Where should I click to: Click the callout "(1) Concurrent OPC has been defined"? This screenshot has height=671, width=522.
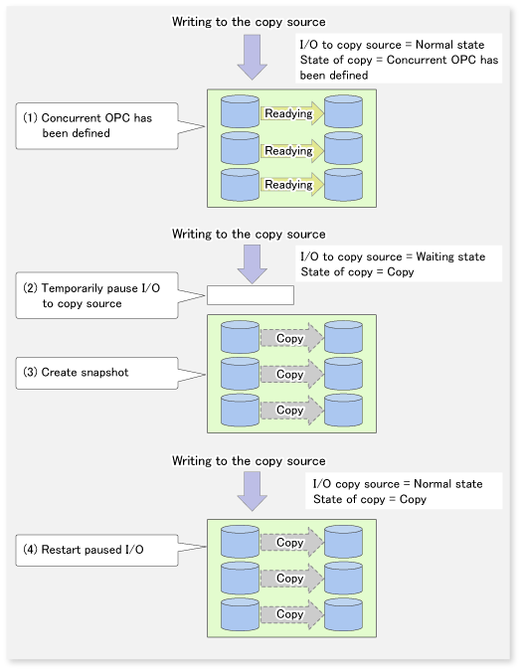[x=96, y=126]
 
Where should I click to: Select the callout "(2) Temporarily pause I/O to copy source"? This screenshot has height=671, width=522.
[x=96, y=295]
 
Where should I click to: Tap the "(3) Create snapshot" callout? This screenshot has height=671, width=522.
[x=96, y=373]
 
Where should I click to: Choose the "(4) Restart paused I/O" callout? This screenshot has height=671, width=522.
[x=96, y=550]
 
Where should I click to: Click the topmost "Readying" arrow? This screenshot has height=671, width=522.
[x=292, y=113]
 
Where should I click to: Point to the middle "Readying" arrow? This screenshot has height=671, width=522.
[x=292, y=151]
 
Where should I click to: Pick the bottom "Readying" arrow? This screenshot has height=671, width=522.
[x=292, y=185]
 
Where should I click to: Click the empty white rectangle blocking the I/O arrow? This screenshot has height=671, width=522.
[x=251, y=295]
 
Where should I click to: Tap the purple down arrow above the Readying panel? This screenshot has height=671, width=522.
[x=252, y=58]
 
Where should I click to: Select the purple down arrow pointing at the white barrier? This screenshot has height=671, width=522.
[x=252, y=264]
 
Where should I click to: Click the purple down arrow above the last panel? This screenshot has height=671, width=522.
[x=252, y=491]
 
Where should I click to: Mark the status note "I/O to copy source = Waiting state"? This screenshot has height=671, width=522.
[x=393, y=256]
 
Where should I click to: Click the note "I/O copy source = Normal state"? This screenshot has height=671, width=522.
[x=398, y=484]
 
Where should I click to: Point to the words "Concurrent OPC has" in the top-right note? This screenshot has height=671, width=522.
[x=442, y=60]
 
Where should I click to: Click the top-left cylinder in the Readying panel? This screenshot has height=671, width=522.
[x=240, y=111]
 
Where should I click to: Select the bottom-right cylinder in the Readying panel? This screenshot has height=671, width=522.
[x=344, y=185]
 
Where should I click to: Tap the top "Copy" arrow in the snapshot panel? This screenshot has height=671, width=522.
[x=292, y=338]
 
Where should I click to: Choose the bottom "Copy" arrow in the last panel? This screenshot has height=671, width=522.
[x=292, y=614]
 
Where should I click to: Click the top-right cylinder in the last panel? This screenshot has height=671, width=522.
[x=344, y=542]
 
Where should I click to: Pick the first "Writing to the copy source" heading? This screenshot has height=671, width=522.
[x=249, y=22]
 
